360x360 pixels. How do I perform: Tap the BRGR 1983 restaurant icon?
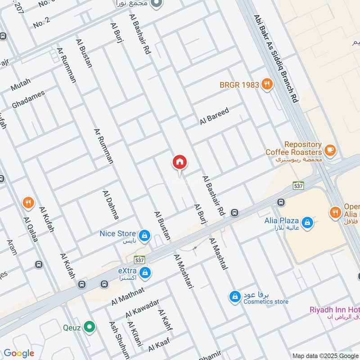click(x=267, y=84)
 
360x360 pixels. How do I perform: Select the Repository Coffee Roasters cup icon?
click(x=330, y=150)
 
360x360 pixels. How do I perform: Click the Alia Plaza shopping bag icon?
click(x=307, y=222)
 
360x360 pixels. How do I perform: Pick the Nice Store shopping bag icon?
click(x=144, y=235)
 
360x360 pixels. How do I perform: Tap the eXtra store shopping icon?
click(x=145, y=273)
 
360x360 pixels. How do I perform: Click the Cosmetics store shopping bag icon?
click(x=235, y=297)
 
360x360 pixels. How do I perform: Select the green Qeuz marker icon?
click(x=90, y=327)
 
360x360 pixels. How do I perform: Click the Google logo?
click(x=19, y=353)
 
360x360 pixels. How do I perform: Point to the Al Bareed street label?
click(x=215, y=116)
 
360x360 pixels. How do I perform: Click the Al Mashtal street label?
click(x=218, y=254)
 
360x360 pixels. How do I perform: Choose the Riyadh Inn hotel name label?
click(x=334, y=310)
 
